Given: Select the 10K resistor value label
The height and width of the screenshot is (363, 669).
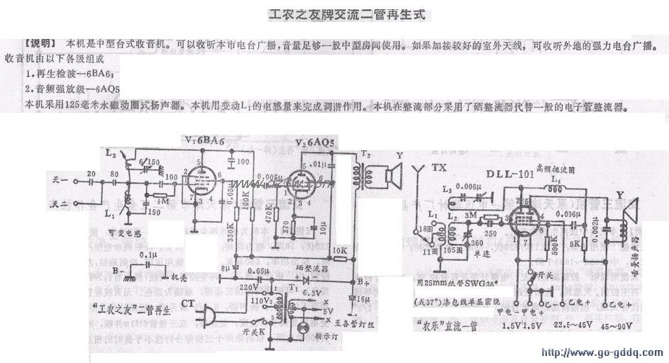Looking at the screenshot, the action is click(338, 250).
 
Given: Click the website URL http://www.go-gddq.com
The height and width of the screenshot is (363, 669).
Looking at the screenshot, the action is click(602, 352).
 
